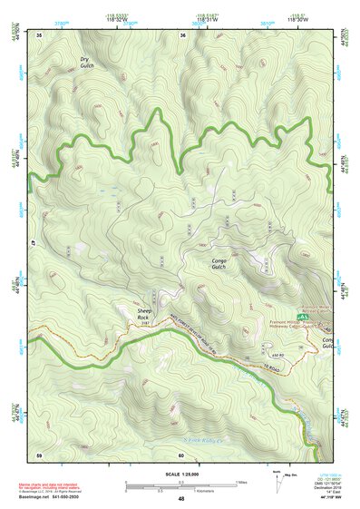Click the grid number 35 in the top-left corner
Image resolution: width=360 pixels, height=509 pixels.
coord(40,34)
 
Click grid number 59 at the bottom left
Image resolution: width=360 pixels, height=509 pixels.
coord(39,454)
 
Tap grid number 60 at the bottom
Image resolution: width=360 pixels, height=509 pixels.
coord(181,454)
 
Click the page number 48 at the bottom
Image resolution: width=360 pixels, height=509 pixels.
coord(181,499)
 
